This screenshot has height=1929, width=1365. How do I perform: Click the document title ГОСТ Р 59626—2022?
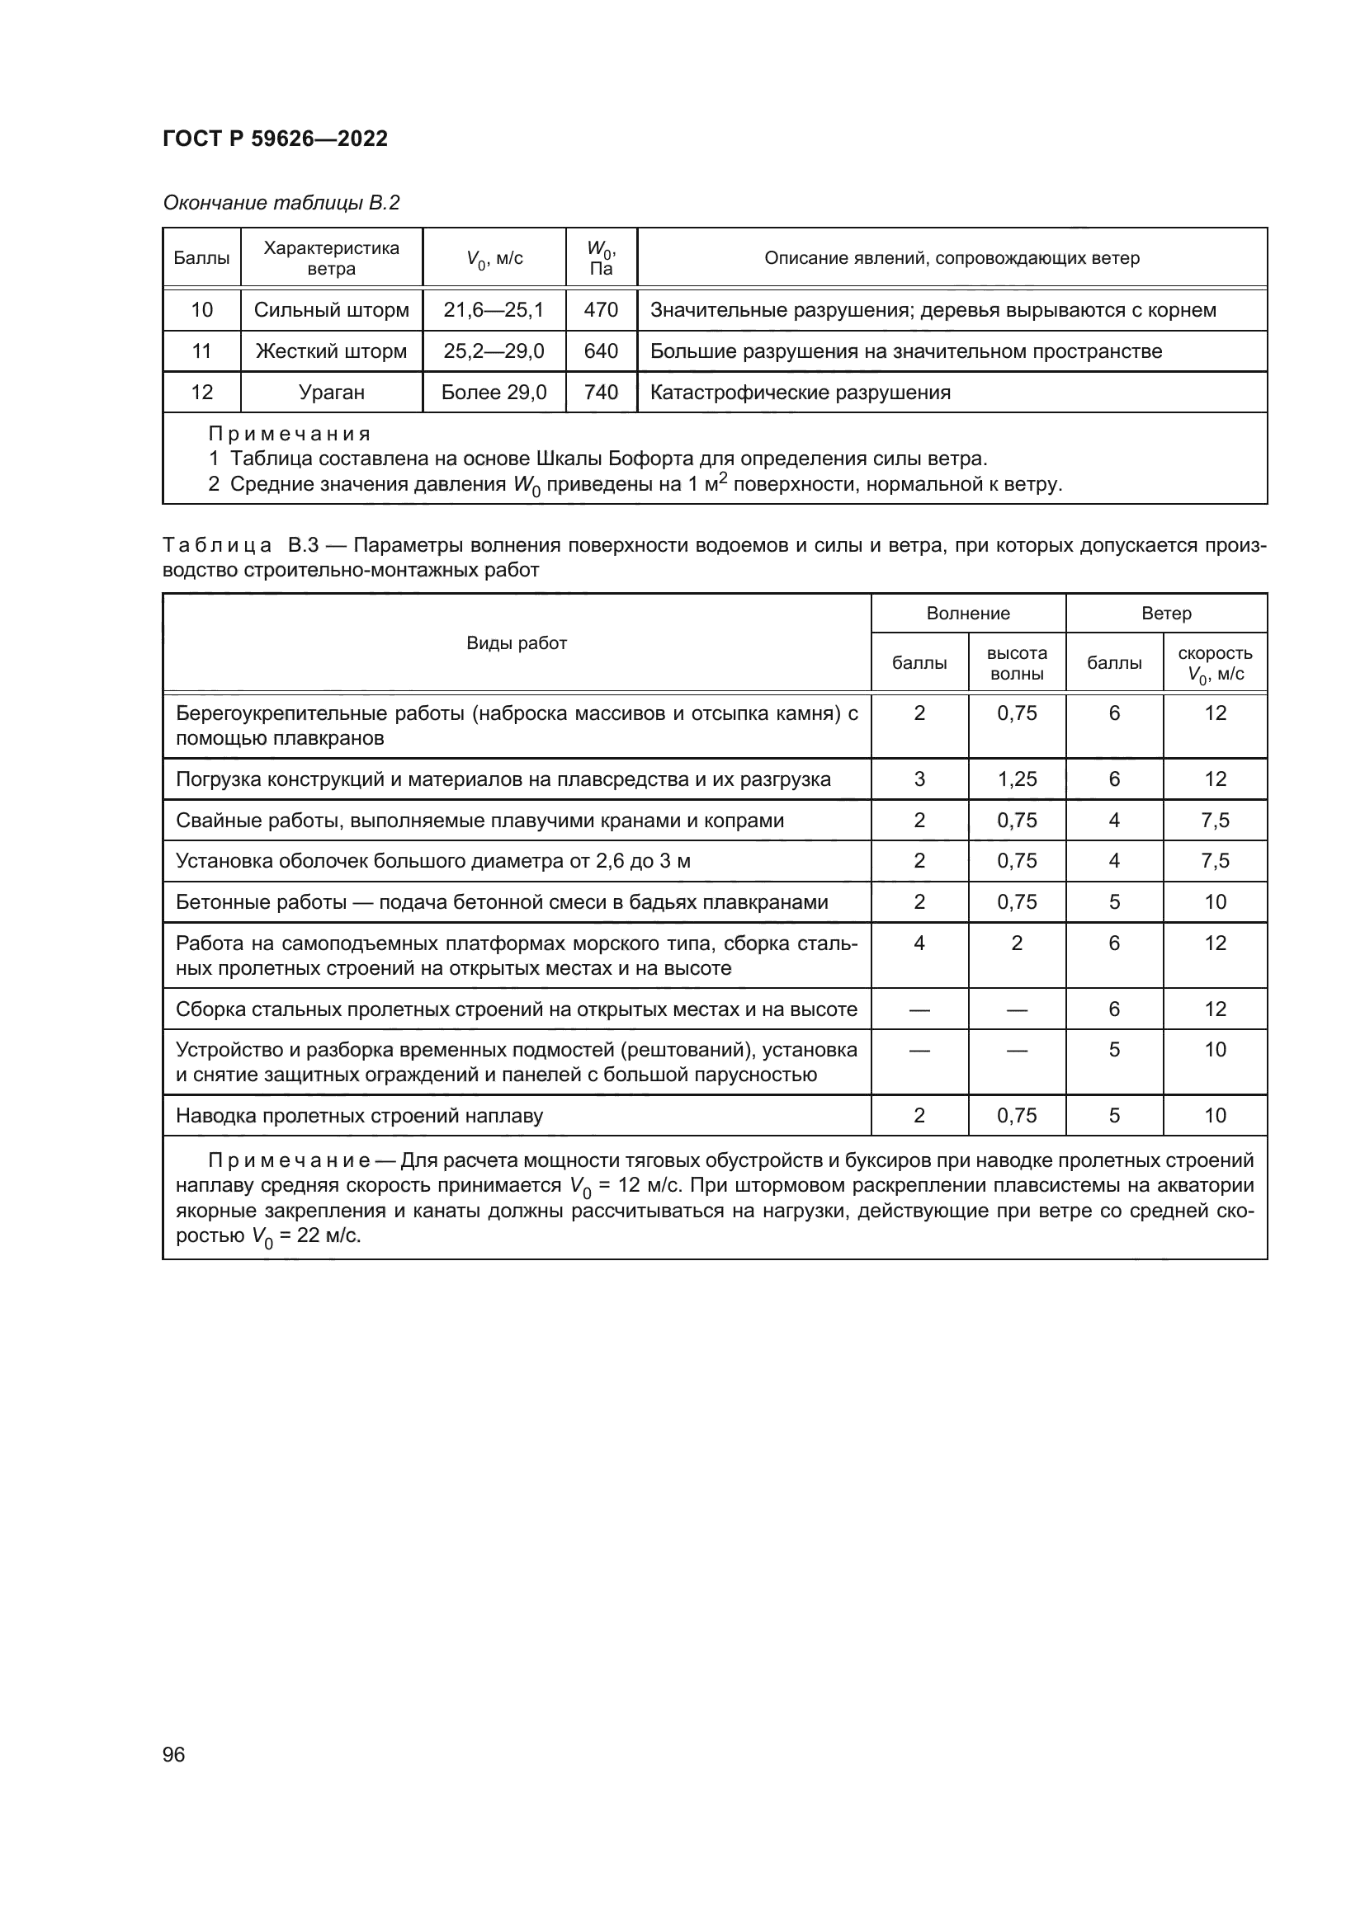click(275, 139)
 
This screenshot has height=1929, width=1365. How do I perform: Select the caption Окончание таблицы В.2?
click(281, 203)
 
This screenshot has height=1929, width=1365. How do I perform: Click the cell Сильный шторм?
click(331, 310)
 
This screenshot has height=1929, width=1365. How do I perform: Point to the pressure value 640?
click(601, 351)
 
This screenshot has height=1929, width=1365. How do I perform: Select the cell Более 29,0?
click(494, 393)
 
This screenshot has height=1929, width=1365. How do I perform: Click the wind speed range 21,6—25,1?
click(494, 310)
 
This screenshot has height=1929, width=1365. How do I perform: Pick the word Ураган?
click(331, 393)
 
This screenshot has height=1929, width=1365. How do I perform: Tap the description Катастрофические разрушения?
click(801, 393)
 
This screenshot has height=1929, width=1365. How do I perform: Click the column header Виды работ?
click(516, 643)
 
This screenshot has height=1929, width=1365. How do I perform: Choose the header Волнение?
click(967, 614)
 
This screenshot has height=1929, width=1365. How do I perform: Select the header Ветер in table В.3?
click(1166, 614)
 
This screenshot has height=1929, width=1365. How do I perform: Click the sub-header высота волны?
click(1016, 663)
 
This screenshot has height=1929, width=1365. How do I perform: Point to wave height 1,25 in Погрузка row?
click(1016, 779)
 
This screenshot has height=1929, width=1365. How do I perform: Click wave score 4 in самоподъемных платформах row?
click(919, 943)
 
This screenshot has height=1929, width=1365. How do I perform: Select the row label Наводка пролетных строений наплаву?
click(359, 1116)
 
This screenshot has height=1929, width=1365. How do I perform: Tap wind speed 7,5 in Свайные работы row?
click(1215, 820)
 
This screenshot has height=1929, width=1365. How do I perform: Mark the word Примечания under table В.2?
click(289, 435)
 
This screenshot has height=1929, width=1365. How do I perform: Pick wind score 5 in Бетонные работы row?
click(1113, 902)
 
